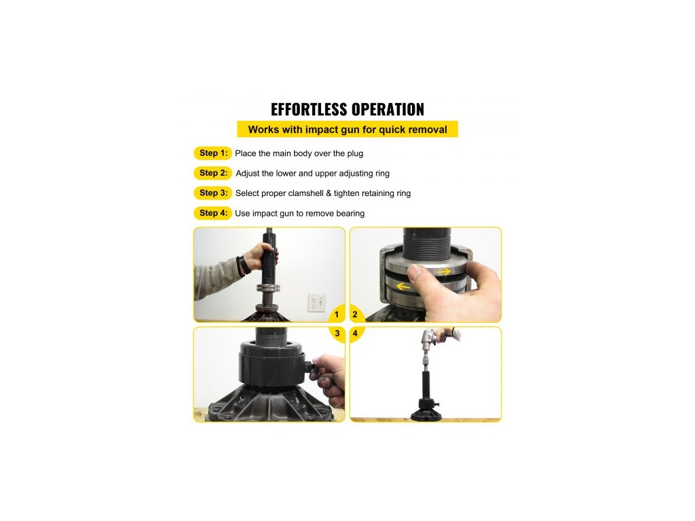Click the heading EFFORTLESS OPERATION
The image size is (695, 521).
tap(347, 109)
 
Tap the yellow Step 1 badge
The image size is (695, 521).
tap(212, 153)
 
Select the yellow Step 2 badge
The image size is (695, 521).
tap(212, 173)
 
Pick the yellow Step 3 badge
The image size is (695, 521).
tap(212, 193)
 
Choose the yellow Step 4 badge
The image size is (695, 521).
tap(212, 213)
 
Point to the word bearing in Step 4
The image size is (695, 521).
tap(350, 214)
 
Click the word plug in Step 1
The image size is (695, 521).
tap(355, 154)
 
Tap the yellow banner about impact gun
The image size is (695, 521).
tap(347, 130)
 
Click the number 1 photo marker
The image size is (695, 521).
tap(337, 315)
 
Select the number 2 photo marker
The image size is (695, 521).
tap(354, 315)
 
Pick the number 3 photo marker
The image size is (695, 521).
tap(337, 333)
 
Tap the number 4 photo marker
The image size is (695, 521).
tap(354, 333)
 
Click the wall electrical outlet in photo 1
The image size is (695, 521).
tap(317, 303)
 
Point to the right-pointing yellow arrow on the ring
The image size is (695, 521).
tap(444, 271)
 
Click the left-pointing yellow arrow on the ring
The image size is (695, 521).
tap(403, 287)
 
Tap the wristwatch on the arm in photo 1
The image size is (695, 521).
tap(242, 266)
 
